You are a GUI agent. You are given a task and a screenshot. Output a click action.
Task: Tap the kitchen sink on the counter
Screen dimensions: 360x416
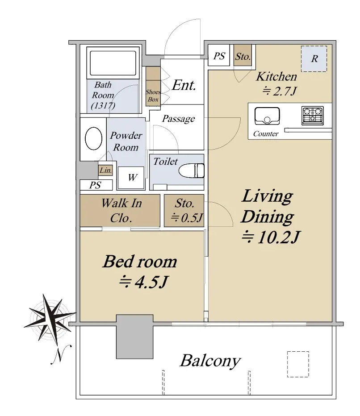click(x=267, y=116)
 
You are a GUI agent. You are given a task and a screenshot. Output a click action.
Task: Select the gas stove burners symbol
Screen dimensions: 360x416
click(x=313, y=116)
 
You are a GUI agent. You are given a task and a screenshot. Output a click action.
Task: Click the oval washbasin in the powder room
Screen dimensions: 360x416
click(x=93, y=138)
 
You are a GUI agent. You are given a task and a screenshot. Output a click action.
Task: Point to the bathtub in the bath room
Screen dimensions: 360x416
click(x=113, y=63)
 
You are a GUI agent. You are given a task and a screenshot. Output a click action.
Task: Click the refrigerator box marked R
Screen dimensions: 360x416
click(x=314, y=58)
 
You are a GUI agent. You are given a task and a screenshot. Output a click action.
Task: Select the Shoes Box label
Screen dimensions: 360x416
click(x=153, y=96)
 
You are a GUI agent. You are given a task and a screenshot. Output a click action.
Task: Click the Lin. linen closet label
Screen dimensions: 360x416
click(x=106, y=171)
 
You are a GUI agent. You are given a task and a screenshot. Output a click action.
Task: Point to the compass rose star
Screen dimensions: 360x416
click(x=50, y=319)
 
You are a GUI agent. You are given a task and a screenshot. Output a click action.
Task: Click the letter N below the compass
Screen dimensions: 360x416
click(x=61, y=355)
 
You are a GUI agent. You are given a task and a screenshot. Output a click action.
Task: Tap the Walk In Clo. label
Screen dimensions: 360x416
click(x=121, y=211)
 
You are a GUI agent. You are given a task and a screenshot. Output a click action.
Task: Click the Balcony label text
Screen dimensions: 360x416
click(x=210, y=361)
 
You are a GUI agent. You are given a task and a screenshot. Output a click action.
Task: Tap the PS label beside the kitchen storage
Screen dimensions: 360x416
click(x=219, y=56)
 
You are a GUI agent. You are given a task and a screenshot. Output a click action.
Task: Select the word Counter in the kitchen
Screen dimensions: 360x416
click(x=266, y=134)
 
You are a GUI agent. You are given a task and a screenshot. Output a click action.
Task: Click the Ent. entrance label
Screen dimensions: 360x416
click(x=184, y=85)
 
